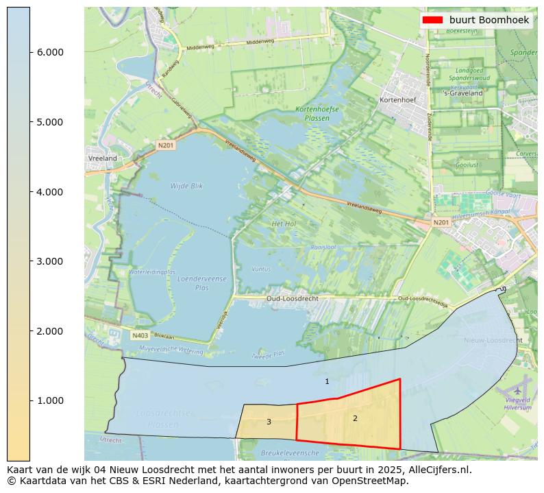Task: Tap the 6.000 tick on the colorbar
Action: (49, 52)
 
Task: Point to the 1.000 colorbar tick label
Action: (49, 400)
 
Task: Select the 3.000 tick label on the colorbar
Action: (49, 261)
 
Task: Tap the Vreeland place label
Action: (103, 158)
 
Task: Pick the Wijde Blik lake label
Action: (187, 186)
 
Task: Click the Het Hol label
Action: (284, 224)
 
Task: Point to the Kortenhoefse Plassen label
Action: (312, 114)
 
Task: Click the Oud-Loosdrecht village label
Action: (293, 299)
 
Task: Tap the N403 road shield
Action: (140, 336)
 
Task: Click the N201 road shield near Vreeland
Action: (166, 145)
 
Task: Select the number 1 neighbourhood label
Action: (327, 381)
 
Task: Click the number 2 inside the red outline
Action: (355, 418)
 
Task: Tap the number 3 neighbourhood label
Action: (269, 422)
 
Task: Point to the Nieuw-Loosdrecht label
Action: (493, 340)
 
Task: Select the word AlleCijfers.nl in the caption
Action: (437, 470)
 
